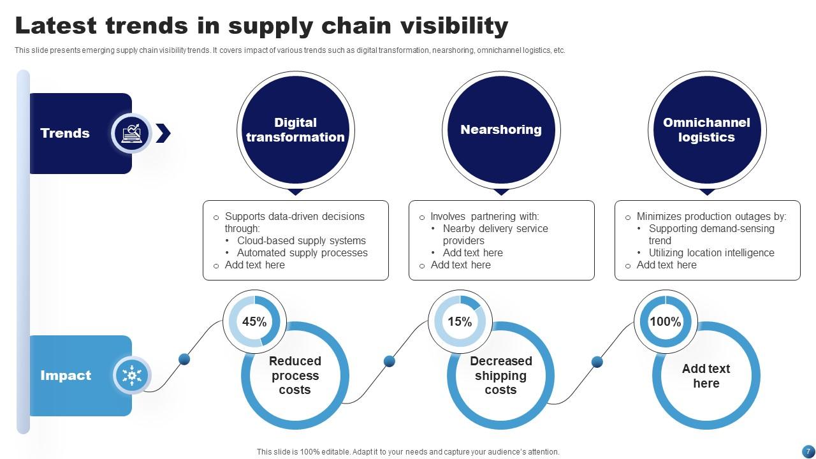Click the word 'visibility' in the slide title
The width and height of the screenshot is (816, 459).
click(x=454, y=25)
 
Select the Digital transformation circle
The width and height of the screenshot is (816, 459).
click(x=295, y=130)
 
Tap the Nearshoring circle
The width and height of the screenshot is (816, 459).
click(x=501, y=130)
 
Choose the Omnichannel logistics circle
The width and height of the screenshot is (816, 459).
click(x=706, y=130)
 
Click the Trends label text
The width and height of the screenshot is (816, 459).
click(x=65, y=133)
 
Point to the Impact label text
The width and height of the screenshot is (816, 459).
click(x=66, y=375)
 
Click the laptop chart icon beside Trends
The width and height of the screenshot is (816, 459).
click(x=131, y=133)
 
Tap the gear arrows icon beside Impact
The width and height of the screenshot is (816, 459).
click(x=131, y=375)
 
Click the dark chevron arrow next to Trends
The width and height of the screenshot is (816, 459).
click(x=163, y=133)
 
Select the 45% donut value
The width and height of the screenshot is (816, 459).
click(x=254, y=322)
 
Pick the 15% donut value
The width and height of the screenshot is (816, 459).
click(x=460, y=322)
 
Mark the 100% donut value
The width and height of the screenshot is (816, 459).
click(x=665, y=322)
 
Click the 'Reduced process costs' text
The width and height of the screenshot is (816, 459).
click(x=295, y=375)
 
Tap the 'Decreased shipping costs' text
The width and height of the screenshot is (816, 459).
click(x=500, y=375)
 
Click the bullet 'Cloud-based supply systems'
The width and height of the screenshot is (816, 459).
click(x=302, y=241)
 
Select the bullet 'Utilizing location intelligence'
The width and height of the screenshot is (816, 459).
click(x=711, y=253)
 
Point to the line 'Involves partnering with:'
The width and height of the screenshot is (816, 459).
click(x=484, y=217)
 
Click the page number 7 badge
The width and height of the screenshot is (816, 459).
click(x=808, y=451)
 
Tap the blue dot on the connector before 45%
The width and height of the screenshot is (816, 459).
click(x=184, y=359)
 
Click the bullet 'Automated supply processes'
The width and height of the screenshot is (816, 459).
click(x=302, y=253)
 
